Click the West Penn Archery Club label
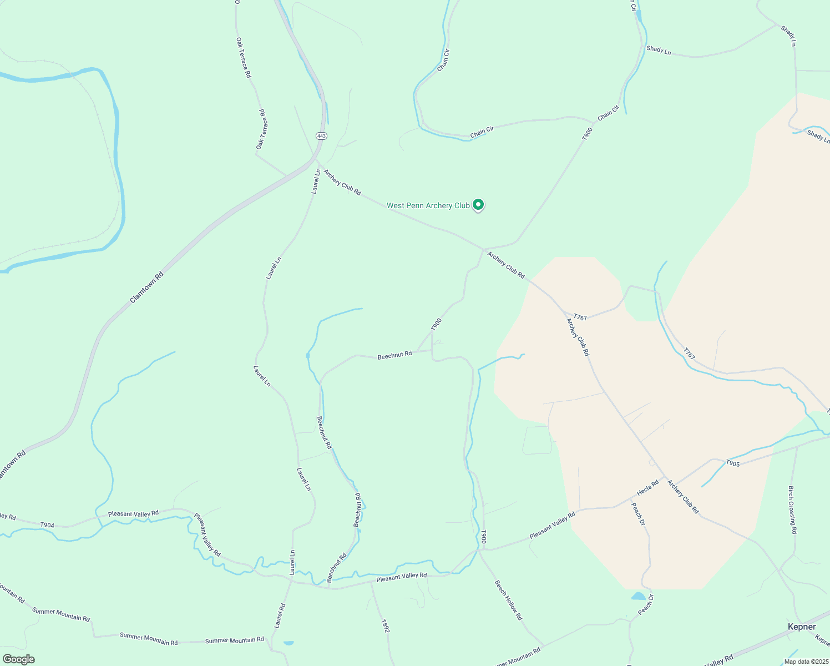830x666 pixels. click(x=428, y=206)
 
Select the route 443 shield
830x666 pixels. click(x=322, y=136)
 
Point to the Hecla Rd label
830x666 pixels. click(x=647, y=487)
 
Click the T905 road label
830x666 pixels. click(x=732, y=463)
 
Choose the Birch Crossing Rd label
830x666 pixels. click(x=792, y=510)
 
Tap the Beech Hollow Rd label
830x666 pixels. click(x=508, y=600)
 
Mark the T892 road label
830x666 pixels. click(x=385, y=627)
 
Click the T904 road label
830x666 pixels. click(x=47, y=524)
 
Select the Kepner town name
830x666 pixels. click(x=802, y=627)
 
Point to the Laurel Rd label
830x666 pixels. click(x=279, y=615)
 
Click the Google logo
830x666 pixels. click(x=18, y=659)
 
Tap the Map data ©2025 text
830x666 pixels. click(x=806, y=662)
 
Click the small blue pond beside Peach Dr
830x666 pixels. click(x=639, y=596)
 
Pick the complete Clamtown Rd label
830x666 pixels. click(x=146, y=287)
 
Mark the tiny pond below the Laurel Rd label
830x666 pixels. click(x=289, y=643)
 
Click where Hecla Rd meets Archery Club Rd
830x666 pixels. click(x=665, y=478)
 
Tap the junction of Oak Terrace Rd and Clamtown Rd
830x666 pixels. click(x=287, y=176)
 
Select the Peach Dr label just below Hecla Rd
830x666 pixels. click(x=639, y=514)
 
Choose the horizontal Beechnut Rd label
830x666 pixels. click(x=394, y=355)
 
